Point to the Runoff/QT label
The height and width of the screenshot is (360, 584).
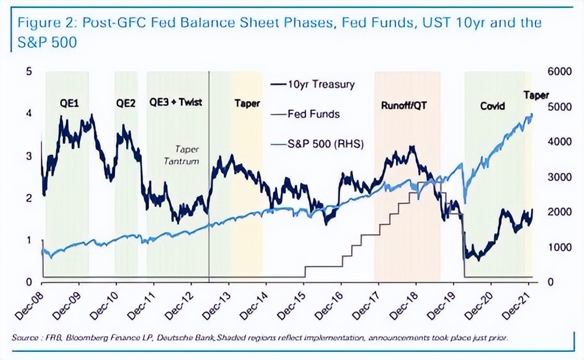pos(406,106)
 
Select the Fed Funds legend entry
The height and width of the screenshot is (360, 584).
pos(313,115)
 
